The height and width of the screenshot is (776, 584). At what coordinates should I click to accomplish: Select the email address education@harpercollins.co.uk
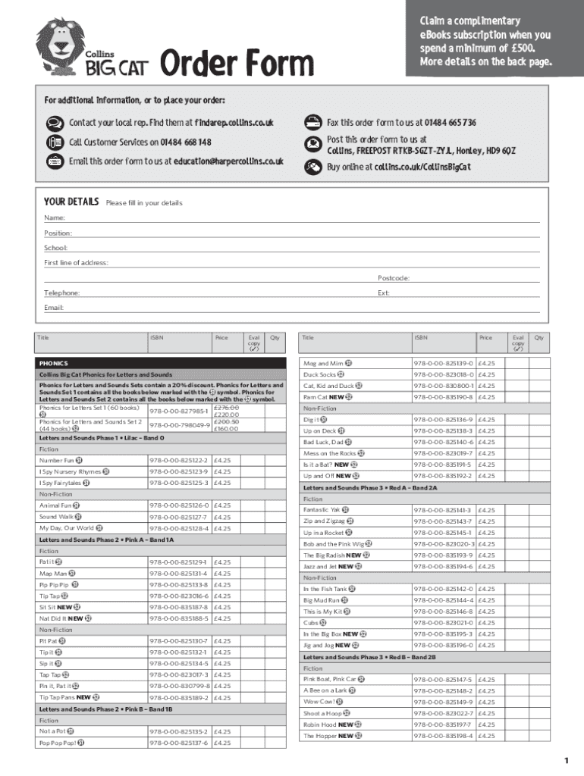[228, 161]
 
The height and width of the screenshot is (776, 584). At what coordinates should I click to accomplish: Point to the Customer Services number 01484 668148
[185, 142]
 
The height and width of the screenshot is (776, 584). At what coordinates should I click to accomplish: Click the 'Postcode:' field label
[394, 278]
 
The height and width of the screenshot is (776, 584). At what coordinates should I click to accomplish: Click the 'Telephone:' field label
[61, 293]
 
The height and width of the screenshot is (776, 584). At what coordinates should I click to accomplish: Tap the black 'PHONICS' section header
[54, 364]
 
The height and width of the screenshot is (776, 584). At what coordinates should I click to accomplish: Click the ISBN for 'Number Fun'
[178, 460]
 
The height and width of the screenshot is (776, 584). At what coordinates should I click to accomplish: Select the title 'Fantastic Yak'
[322, 510]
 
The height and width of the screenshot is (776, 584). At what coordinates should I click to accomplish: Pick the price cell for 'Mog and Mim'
[486, 364]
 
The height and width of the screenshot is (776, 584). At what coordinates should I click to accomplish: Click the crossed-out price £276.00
[226, 408]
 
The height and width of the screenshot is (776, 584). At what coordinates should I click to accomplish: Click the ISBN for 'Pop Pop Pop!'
[178, 743]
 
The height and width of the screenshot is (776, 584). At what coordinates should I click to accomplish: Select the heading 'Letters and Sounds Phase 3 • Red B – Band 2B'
[369, 657]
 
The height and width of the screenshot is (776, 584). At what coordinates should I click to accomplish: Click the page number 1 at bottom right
[566, 760]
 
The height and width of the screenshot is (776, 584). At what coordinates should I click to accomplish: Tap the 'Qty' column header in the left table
[275, 337]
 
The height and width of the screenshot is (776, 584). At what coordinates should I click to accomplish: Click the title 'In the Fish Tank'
[325, 589]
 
